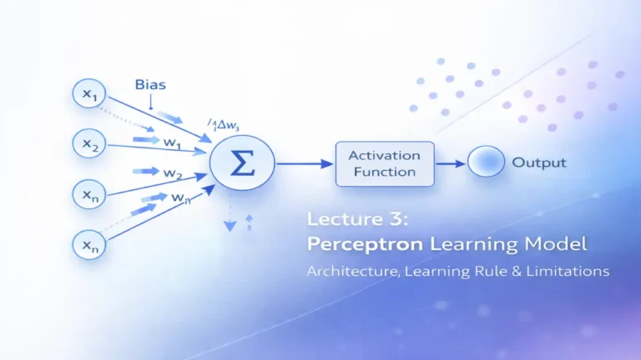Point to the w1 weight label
point(172,142)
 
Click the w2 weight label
point(173,173)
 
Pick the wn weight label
point(180,197)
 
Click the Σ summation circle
point(242,163)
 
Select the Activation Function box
point(384,163)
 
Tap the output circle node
point(486,162)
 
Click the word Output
point(539,162)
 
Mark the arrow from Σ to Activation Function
point(304,164)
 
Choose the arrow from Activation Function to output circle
point(451,163)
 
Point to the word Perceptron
point(355,245)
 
